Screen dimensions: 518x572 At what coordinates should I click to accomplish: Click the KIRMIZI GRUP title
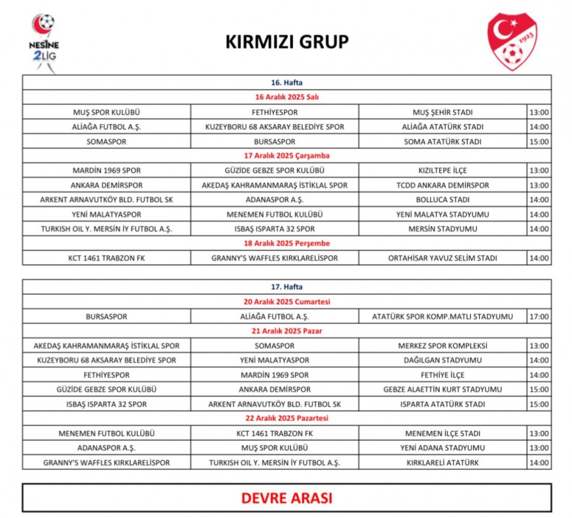pyautogui.click(x=287, y=42)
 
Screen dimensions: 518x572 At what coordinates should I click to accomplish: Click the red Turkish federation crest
pyautogui.click(x=512, y=42)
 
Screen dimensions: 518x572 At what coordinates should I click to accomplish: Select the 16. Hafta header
pyautogui.click(x=287, y=83)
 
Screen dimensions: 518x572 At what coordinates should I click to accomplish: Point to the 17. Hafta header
pyautogui.click(x=287, y=287)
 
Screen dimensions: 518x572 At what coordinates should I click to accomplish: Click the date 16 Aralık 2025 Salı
pyautogui.click(x=287, y=97)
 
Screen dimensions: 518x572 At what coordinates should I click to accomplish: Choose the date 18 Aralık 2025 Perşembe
pyautogui.click(x=287, y=243)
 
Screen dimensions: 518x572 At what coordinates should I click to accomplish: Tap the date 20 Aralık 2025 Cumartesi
pyautogui.click(x=287, y=302)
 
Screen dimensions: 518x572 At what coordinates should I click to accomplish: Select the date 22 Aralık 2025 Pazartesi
pyautogui.click(x=287, y=419)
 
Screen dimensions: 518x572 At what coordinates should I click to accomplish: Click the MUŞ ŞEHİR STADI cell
pyautogui.click(x=443, y=112)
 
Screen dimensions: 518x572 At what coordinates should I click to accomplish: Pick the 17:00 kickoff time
pyautogui.click(x=539, y=317)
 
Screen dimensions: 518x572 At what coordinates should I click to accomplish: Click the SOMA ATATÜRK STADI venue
pyautogui.click(x=443, y=141)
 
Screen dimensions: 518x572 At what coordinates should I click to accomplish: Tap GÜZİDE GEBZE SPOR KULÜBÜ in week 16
pyautogui.click(x=275, y=170)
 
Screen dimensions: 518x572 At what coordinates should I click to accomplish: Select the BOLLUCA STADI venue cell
pyautogui.click(x=443, y=200)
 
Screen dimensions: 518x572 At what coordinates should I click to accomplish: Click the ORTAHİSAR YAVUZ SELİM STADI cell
pyautogui.click(x=443, y=258)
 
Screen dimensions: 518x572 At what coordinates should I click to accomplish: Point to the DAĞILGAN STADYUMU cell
pyautogui.click(x=443, y=360)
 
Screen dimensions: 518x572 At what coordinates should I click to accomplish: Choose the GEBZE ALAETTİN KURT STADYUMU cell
pyautogui.click(x=443, y=390)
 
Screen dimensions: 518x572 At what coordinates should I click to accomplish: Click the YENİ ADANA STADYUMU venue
pyautogui.click(x=443, y=448)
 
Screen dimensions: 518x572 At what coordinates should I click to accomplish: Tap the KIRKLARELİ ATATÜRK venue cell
pyautogui.click(x=443, y=463)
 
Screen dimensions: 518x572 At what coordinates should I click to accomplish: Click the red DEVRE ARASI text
pyautogui.click(x=287, y=498)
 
